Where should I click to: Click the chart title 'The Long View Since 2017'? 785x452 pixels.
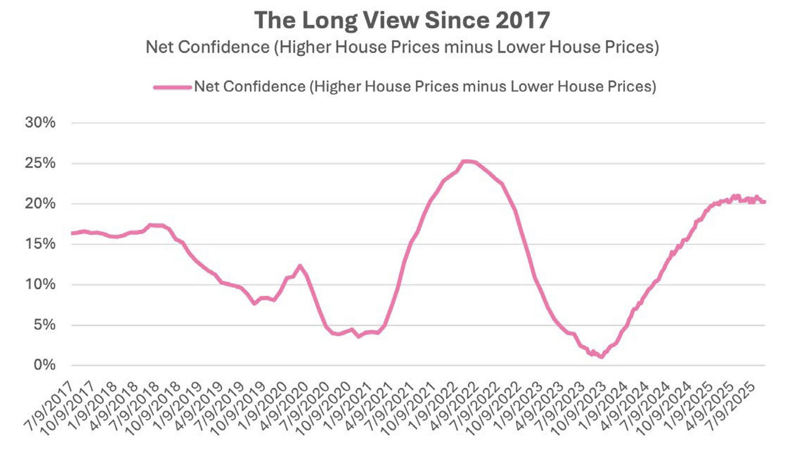tap(402, 20)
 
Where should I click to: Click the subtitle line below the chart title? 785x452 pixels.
tap(402, 47)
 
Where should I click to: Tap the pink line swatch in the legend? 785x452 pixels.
tap(172, 86)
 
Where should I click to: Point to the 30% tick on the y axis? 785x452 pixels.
tap(40, 123)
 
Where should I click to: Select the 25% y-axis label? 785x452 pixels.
tap(40, 164)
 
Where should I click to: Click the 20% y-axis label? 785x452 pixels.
tap(40, 204)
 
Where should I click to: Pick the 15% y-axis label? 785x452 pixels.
tap(40, 244)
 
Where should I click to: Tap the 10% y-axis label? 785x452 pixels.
tap(40, 285)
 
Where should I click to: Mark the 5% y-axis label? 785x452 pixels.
tap(44, 325)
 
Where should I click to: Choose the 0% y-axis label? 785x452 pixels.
tap(44, 366)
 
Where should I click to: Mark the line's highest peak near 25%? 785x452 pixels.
tap(467, 161)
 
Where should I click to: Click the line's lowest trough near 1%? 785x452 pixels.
tap(602, 357)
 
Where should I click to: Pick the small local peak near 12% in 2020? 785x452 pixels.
tap(300, 266)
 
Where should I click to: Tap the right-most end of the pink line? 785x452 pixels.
tap(764, 202)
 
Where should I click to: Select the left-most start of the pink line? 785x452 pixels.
tap(72, 233)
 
